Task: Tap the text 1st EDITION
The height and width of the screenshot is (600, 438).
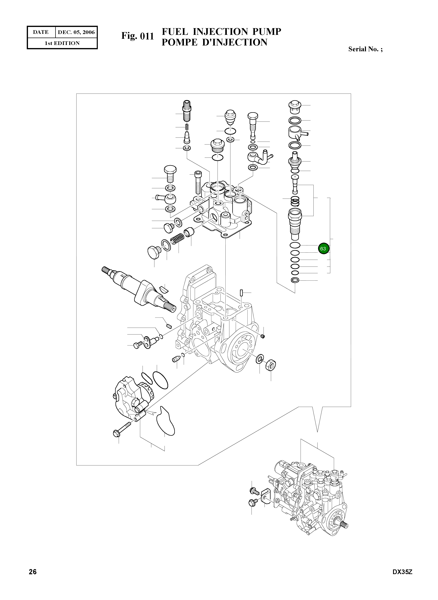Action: point(62,43)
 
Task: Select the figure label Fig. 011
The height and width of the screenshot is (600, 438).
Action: point(138,36)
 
